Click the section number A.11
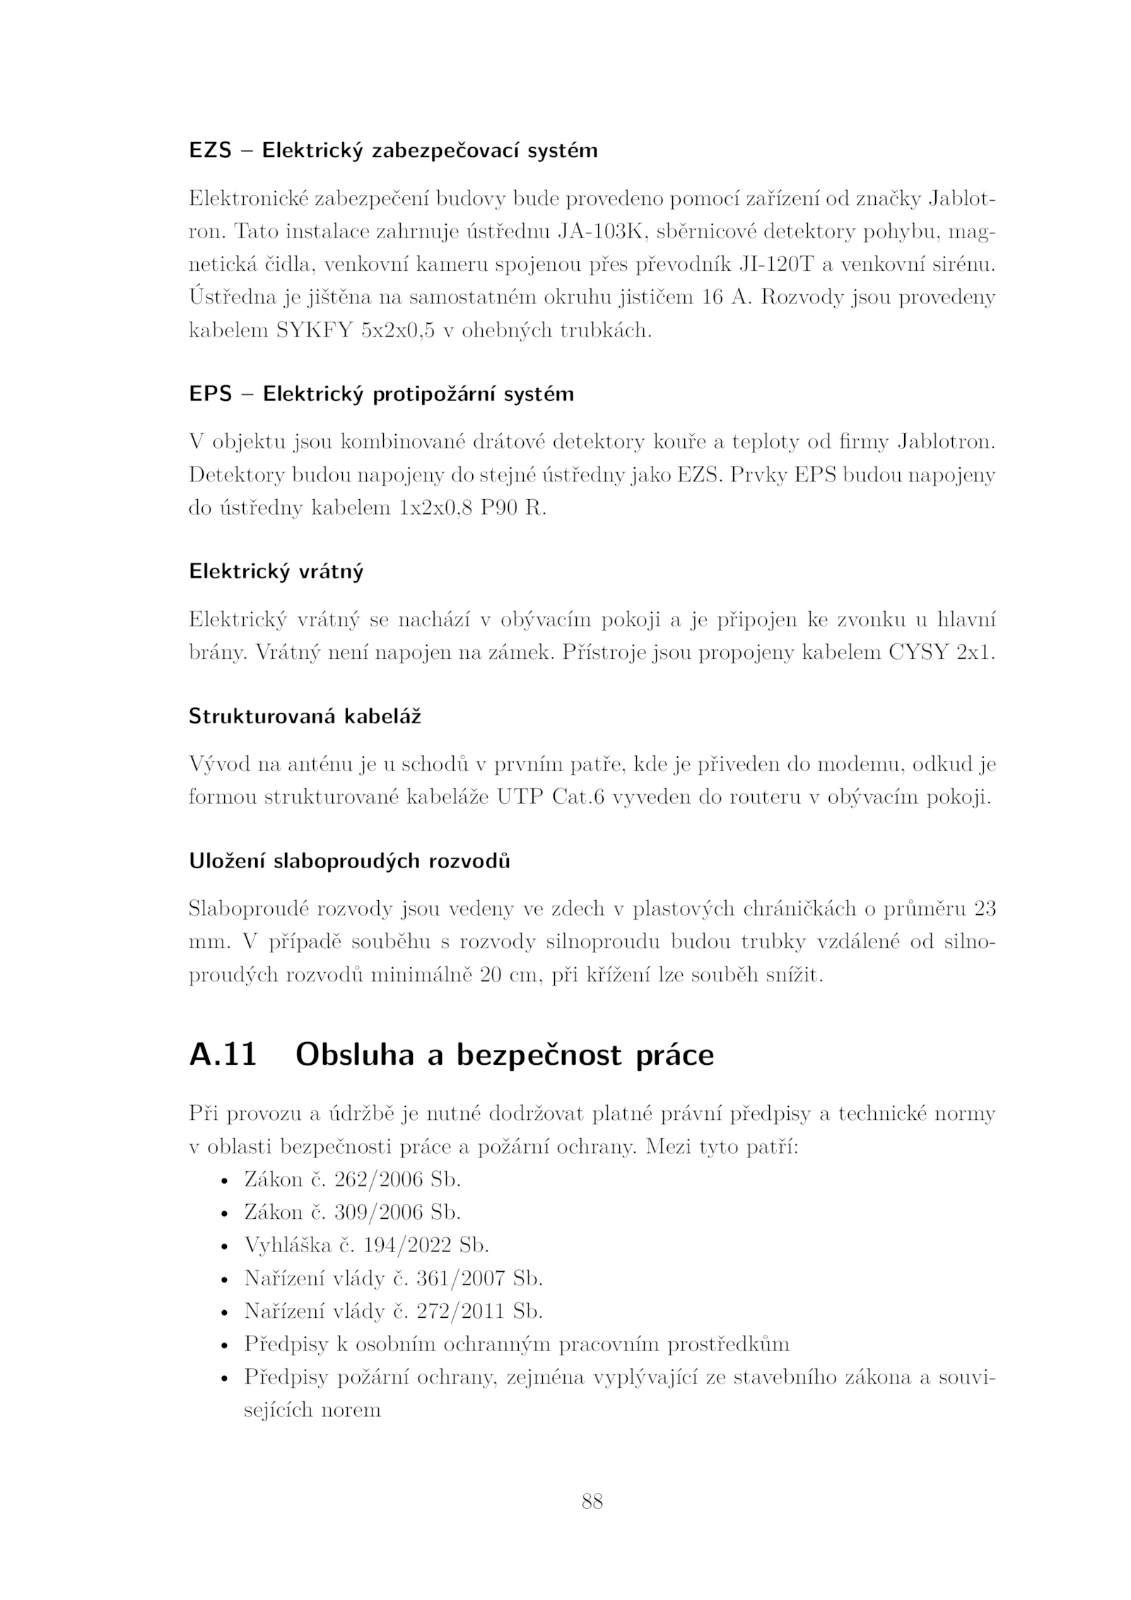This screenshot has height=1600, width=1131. click(223, 1055)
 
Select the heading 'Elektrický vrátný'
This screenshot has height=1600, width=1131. click(276, 571)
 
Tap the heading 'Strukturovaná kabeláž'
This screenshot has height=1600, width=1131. click(305, 716)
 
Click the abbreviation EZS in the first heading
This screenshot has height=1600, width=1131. click(211, 151)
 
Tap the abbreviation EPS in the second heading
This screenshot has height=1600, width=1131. click(211, 394)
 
